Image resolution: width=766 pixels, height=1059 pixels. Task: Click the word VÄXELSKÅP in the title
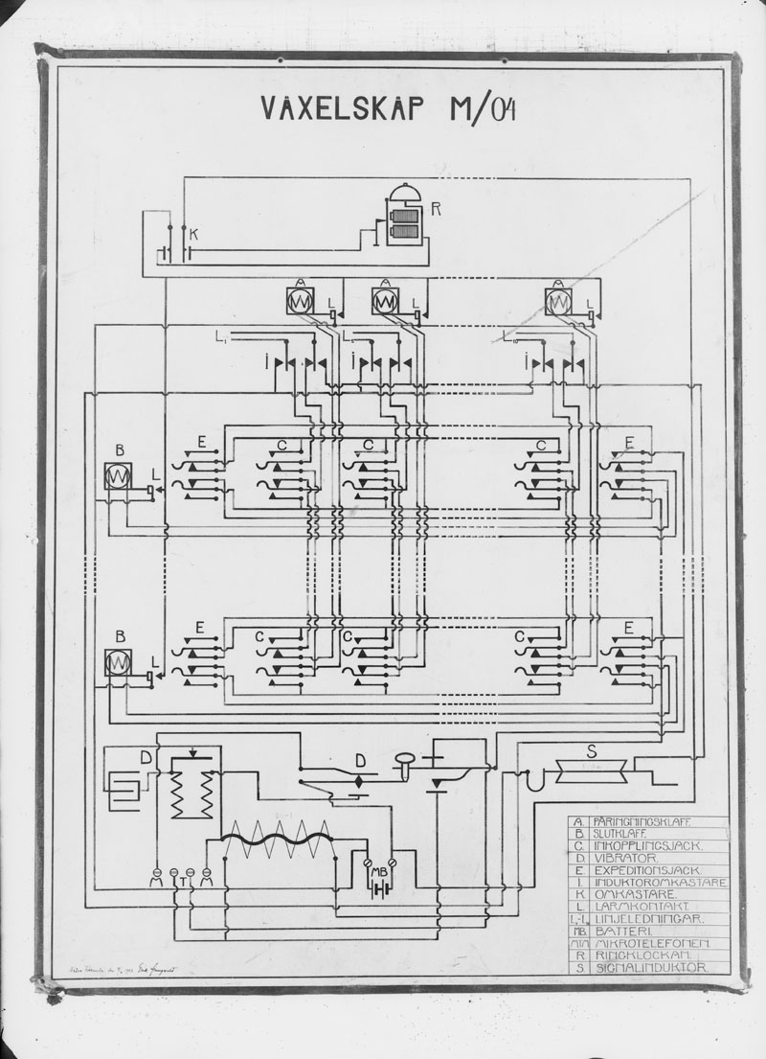pyautogui.click(x=340, y=109)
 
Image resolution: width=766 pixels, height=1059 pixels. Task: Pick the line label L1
pyautogui.click(x=221, y=336)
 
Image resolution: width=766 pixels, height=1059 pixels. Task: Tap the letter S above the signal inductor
pyautogui.click(x=592, y=752)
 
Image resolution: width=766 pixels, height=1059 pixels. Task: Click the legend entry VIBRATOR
pyautogui.click(x=623, y=857)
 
